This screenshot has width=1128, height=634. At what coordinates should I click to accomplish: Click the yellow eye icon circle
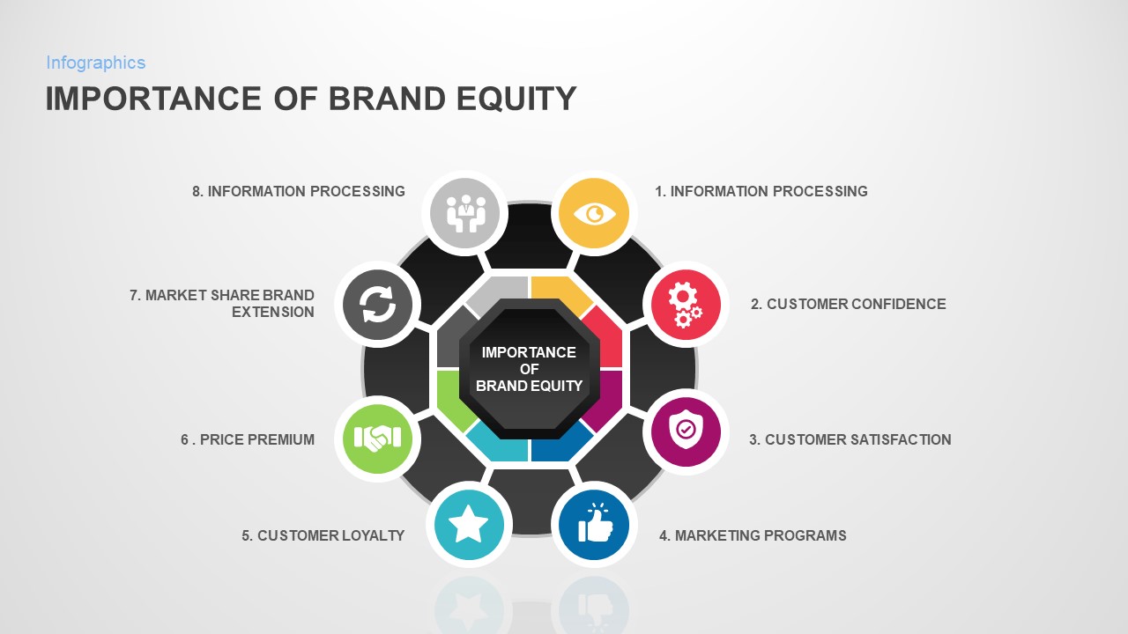click(x=594, y=213)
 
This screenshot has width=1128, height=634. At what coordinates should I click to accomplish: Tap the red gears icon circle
click(x=686, y=305)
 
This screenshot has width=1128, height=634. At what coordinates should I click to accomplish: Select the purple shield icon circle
click(x=686, y=431)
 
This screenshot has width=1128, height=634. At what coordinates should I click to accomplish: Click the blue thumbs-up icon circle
click(x=594, y=525)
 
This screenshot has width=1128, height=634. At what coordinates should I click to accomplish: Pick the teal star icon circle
click(x=468, y=525)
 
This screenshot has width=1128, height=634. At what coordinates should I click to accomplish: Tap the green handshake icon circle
click(x=377, y=438)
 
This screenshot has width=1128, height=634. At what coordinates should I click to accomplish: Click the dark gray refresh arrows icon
click(x=377, y=305)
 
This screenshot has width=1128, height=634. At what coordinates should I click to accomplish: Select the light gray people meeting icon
click(x=465, y=213)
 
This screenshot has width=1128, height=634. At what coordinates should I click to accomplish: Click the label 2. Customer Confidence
click(x=848, y=304)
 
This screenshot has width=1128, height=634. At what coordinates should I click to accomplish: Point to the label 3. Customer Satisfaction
click(x=850, y=439)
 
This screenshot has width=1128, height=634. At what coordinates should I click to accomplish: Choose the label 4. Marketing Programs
click(x=753, y=535)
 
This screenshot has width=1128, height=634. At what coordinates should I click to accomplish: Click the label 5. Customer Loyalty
click(x=323, y=535)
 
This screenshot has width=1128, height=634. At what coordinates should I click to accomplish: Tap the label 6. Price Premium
click(x=248, y=439)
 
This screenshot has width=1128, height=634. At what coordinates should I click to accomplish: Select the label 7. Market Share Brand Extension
click(x=222, y=304)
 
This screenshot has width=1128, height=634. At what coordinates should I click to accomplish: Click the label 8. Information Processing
click(x=299, y=191)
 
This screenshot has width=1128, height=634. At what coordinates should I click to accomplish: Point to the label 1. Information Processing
click(x=761, y=191)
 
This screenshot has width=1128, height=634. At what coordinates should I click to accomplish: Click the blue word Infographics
click(x=96, y=63)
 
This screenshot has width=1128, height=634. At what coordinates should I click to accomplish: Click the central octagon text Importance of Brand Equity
click(x=529, y=368)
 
